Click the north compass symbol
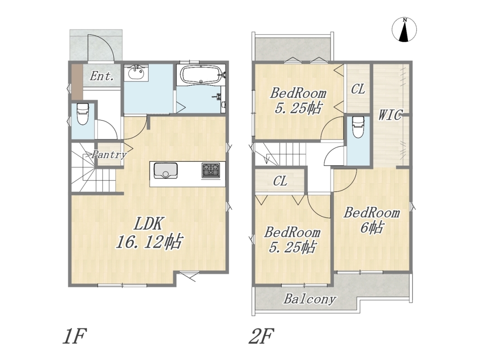point(404,30)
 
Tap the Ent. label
point(101,76)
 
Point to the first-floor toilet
point(82,114)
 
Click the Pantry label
point(109,154)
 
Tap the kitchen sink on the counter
point(165,171)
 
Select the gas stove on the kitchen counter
point(211,170)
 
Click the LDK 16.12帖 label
point(149,233)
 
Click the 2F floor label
point(261,336)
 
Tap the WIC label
point(390,115)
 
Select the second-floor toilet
point(359,127)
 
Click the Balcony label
point(310,299)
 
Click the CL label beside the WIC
point(358,89)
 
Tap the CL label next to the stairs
point(280,181)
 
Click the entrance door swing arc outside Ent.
point(101,48)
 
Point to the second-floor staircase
point(280,155)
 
